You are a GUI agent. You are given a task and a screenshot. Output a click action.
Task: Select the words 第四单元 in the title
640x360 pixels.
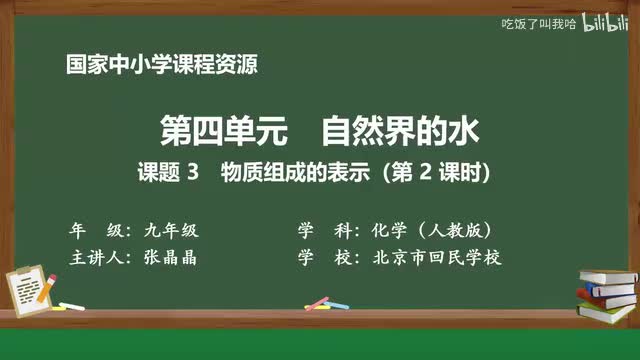click(204, 131)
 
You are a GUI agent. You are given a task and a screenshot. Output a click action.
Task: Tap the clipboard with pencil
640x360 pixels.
click(30, 280)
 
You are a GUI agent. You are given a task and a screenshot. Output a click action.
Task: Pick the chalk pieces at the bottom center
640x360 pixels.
click(317, 302)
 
